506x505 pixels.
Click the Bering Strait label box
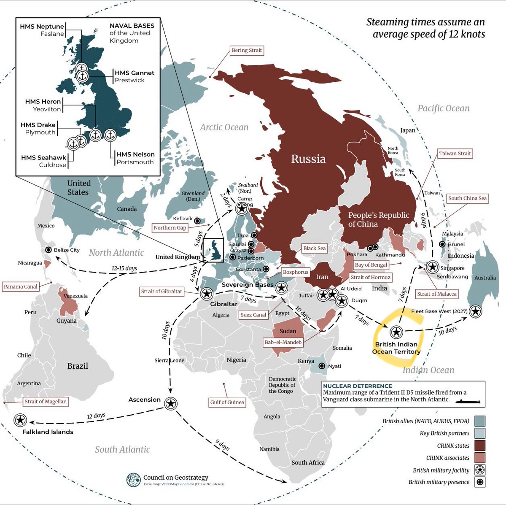247,50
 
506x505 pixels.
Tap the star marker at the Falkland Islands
20,420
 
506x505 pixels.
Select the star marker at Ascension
170,403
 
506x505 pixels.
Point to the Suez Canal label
253,315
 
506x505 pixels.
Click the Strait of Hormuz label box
370,277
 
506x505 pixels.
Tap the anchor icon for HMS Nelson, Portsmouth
110,135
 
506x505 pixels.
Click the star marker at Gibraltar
207,294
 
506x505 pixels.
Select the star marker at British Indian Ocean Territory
396,332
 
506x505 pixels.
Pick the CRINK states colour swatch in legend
479,446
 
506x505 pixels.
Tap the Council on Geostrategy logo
134,480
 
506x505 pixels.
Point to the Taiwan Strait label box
455,154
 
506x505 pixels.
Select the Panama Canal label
21,286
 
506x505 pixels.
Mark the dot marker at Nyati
322,366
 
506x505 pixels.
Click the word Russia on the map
308,159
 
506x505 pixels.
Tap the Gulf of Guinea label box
227,402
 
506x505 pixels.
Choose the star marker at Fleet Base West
476,311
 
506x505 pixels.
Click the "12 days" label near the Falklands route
96,416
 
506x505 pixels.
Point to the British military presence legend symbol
479,482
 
